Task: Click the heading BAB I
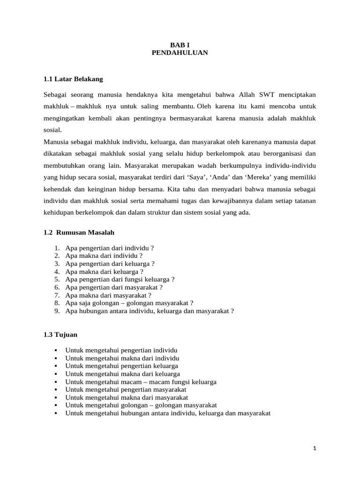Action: point(180,45)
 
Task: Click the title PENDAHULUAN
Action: point(180,53)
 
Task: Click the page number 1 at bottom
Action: point(315,448)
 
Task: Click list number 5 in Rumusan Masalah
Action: point(57,279)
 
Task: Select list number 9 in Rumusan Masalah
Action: point(57,310)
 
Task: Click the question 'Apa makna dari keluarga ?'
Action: point(105,271)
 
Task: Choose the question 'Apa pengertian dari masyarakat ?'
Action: point(114,287)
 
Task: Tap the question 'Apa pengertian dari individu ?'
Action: point(110,247)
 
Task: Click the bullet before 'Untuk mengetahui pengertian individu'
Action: point(56,350)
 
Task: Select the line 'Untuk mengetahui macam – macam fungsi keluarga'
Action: point(141,382)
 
